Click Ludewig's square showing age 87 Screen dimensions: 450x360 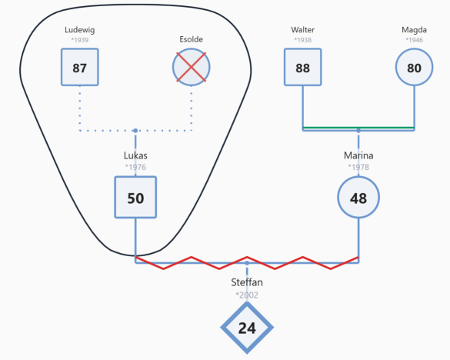(80, 67)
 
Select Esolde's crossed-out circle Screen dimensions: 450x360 (191, 67)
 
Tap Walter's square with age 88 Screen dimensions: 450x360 (303, 67)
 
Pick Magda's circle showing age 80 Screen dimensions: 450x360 (414, 67)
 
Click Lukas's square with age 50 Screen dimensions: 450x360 (135, 197)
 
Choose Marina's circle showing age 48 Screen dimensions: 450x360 (358, 197)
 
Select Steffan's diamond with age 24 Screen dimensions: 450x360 (247, 328)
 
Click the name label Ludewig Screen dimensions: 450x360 (80, 30)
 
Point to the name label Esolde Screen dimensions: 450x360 (191, 39)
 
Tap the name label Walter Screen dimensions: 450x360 (303, 30)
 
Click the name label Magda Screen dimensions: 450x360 (414, 30)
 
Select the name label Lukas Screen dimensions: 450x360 (135, 155)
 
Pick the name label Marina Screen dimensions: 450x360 (358, 155)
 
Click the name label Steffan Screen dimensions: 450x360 (247, 282)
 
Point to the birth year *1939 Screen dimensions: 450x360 (80, 40)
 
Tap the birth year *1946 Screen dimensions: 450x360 (414, 40)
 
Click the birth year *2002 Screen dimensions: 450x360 (247, 295)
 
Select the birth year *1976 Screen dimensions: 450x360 (135, 167)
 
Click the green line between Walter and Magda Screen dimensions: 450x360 (358, 128)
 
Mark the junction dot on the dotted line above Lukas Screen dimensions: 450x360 (135, 131)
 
